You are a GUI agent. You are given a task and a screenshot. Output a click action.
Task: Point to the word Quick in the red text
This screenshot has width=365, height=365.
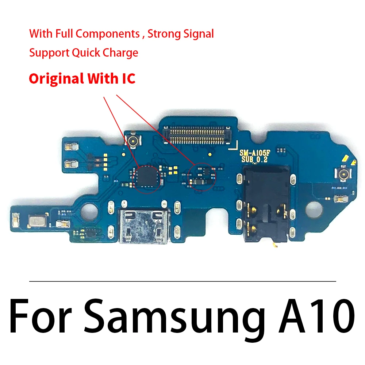[x=87, y=53]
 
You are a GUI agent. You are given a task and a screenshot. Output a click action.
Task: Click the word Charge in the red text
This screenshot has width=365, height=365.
[x=120, y=53]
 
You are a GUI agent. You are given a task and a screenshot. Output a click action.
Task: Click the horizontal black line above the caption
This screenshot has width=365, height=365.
[x=182, y=281]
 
